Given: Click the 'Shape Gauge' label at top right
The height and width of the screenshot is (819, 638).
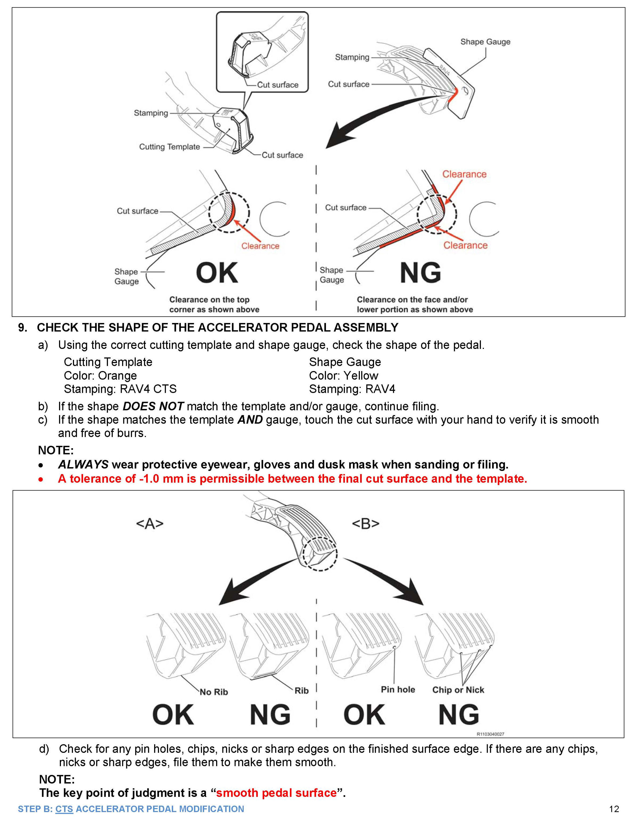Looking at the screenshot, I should [485, 41].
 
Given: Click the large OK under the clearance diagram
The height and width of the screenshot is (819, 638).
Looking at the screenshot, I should [217, 273].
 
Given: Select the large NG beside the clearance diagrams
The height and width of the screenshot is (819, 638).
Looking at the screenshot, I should [420, 273].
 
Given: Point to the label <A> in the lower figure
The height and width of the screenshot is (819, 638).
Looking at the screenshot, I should [150, 524].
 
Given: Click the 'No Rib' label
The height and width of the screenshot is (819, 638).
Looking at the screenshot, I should [214, 692].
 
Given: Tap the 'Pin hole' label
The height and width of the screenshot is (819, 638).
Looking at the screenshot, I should [398, 689].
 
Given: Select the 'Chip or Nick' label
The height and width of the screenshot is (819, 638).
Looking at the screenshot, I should [458, 690].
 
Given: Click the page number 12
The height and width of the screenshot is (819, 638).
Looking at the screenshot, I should [614, 809].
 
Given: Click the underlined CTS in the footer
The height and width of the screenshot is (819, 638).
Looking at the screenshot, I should [64, 809].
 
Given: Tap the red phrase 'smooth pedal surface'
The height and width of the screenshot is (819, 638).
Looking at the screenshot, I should [276, 793].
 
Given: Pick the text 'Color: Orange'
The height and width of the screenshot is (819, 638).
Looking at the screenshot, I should [100, 375].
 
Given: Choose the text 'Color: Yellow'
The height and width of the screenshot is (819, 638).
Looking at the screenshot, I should [343, 375].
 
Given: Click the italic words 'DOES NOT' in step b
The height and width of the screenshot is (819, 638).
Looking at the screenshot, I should [153, 406].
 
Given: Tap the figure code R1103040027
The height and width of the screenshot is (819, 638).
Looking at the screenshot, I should [490, 734].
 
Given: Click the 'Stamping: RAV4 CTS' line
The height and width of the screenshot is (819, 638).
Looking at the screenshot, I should [120, 389].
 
